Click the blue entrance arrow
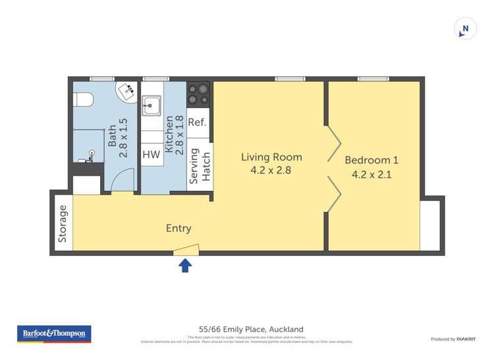click(x=186, y=265)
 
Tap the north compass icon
click(x=466, y=29)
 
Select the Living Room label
click(x=271, y=157)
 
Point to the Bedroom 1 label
click(x=371, y=160)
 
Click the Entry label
click(x=178, y=228)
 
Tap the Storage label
click(x=63, y=224)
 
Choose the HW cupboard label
click(x=151, y=155)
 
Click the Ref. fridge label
click(x=197, y=122)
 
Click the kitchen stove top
click(x=198, y=93)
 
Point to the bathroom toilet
click(x=84, y=99)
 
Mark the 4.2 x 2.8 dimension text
click(x=271, y=170)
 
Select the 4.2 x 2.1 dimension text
click(x=371, y=175)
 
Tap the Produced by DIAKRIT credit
click(x=453, y=339)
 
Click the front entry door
click(x=186, y=250)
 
